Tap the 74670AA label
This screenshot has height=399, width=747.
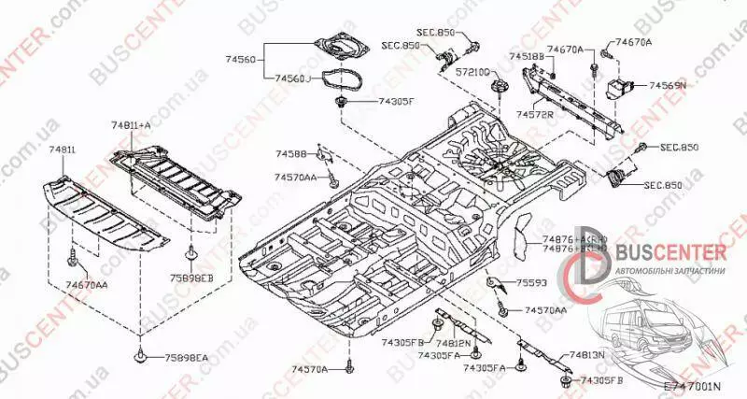pos(87,284)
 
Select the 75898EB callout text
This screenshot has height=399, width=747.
pos(193,278)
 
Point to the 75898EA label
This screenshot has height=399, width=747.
pos(187,358)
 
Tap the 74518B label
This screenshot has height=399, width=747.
pos(525,56)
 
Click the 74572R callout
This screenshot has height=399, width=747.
pos(535,113)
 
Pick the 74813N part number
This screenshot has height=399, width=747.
pos(587,355)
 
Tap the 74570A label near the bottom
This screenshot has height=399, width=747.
pos(310,370)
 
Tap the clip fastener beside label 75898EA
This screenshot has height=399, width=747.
pos(140,355)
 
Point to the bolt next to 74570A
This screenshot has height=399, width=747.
pos(347,368)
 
